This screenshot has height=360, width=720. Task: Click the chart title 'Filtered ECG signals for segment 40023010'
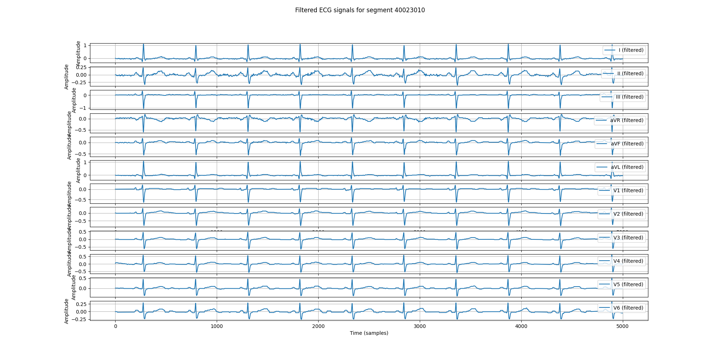[x=360, y=10]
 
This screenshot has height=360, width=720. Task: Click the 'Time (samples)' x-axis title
[x=369, y=333]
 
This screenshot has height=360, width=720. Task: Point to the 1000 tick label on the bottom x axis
[x=217, y=327]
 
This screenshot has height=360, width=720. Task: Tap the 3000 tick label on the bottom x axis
[x=420, y=327]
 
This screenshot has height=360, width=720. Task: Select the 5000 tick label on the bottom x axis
[x=622, y=327]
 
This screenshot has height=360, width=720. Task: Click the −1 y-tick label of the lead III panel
[x=84, y=108]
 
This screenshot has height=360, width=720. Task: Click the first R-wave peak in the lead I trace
[x=143, y=44]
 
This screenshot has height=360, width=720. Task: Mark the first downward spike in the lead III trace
[x=144, y=108]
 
